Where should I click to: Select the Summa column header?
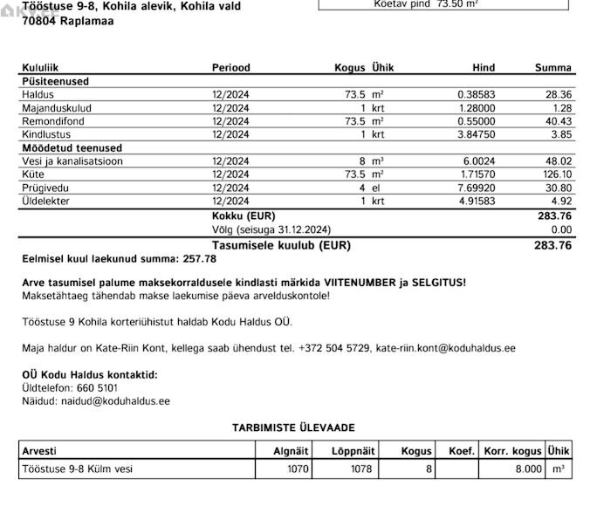pyautogui.click(x=553, y=68)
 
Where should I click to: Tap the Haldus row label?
pyautogui.click(x=38, y=94)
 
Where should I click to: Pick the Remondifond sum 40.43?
pyautogui.click(x=558, y=121)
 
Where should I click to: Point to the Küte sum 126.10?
pyautogui.click(x=555, y=175)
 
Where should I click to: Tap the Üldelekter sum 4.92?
pyautogui.click(x=560, y=202)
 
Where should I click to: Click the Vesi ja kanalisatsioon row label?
pyautogui.click(x=72, y=161)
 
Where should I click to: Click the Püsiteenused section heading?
pyautogui.click(x=55, y=81)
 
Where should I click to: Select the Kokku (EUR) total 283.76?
pyautogui.click(x=554, y=215)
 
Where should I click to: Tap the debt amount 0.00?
pyautogui.click(x=560, y=229)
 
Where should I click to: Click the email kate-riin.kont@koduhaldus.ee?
pyautogui.click(x=445, y=348)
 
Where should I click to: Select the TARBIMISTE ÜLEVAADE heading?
pyautogui.click(x=293, y=427)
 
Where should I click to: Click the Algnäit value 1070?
pyautogui.click(x=298, y=469)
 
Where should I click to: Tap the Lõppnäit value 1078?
pyautogui.click(x=360, y=469)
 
